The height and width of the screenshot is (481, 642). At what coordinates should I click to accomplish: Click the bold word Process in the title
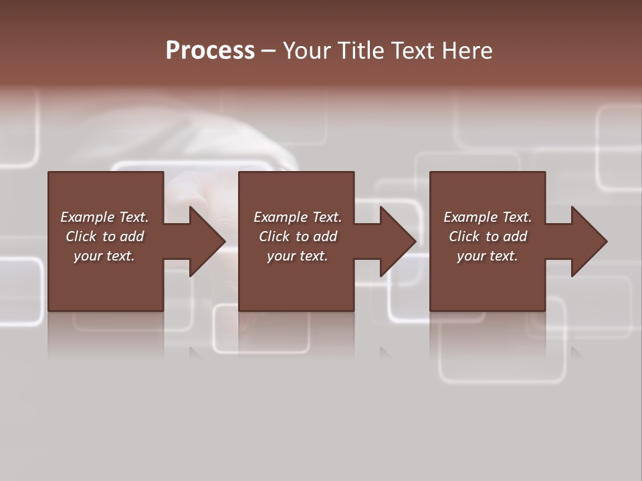tap(210, 51)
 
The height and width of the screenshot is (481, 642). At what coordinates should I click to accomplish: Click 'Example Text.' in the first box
tap(104, 217)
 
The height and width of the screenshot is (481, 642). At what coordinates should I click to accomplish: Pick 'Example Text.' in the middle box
tap(298, 217)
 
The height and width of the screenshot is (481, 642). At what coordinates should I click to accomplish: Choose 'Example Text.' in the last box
tap(488, 217)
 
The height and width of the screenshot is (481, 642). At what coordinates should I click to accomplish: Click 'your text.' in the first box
tap(104, 256)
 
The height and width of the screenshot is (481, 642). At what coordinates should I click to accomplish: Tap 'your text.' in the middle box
tap(298, 256)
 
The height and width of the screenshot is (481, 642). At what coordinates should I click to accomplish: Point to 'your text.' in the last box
tap(488, 256)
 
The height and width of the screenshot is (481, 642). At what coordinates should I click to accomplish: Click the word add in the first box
tap(132, 236)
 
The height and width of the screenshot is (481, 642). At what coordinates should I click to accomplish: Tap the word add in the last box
tap(515, 236)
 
